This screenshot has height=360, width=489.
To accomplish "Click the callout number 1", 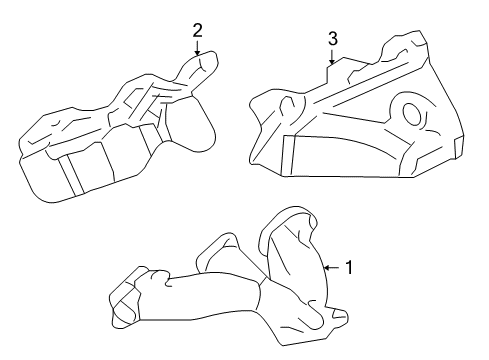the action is pos(350,268).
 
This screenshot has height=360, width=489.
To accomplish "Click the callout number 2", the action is pos(197,30).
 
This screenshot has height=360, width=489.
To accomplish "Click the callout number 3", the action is pos(333,38).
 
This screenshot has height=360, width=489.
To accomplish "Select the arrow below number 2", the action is pos(198,47).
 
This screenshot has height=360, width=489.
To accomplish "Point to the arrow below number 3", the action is pos(333,57).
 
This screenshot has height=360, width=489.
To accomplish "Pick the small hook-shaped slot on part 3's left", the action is pos(286,105).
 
